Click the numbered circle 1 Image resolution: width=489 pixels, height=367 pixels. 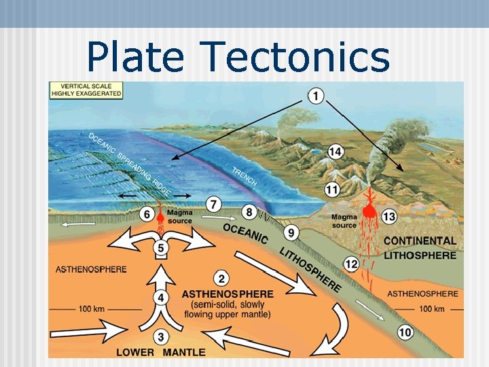316,96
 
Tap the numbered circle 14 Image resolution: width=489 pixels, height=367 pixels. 336,152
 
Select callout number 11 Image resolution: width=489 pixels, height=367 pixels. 332,189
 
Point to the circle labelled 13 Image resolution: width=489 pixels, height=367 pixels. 389,216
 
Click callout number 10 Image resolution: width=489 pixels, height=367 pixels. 405,332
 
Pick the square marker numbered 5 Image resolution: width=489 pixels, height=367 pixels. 160,249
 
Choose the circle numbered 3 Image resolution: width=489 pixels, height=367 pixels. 160,336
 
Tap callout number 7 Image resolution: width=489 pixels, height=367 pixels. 214,203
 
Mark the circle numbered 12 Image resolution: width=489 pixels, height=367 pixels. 351,264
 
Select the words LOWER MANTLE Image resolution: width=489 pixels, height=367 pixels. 160,353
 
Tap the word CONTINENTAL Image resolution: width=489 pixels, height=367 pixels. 420,241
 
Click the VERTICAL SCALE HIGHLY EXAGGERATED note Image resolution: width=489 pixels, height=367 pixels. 86,90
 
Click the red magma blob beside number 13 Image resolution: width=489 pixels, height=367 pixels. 369,210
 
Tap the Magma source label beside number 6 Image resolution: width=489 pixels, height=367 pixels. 179,217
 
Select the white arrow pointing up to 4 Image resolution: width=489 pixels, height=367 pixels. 160,279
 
